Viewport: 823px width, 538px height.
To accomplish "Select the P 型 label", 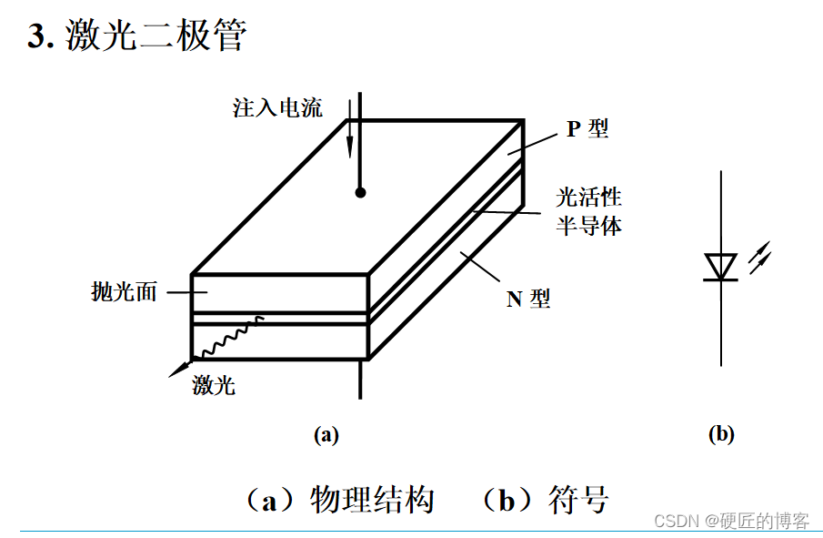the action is pyautogui.click(x=587, y=128).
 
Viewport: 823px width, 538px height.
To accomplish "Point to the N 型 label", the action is pyautogui.click(x=528, y=298).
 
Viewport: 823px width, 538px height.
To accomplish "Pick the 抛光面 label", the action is pyautogui.click(x=125, y=292).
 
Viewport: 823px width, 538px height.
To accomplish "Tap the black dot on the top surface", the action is pyautogui.click(x=360, y=192).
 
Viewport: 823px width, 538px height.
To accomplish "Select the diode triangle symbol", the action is pyautogui.click(x=721, y=267).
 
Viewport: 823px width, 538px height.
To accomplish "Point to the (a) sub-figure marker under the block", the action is pyautogui.click(x=326, y=434).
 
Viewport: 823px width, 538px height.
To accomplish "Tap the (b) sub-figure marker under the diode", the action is pyautogui.click(x=721, y=434).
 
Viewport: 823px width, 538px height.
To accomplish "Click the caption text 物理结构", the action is pyautogui.click(x=372, y=500).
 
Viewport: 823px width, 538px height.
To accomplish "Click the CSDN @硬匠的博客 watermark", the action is pyautogui.click(x=731, y=521).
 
